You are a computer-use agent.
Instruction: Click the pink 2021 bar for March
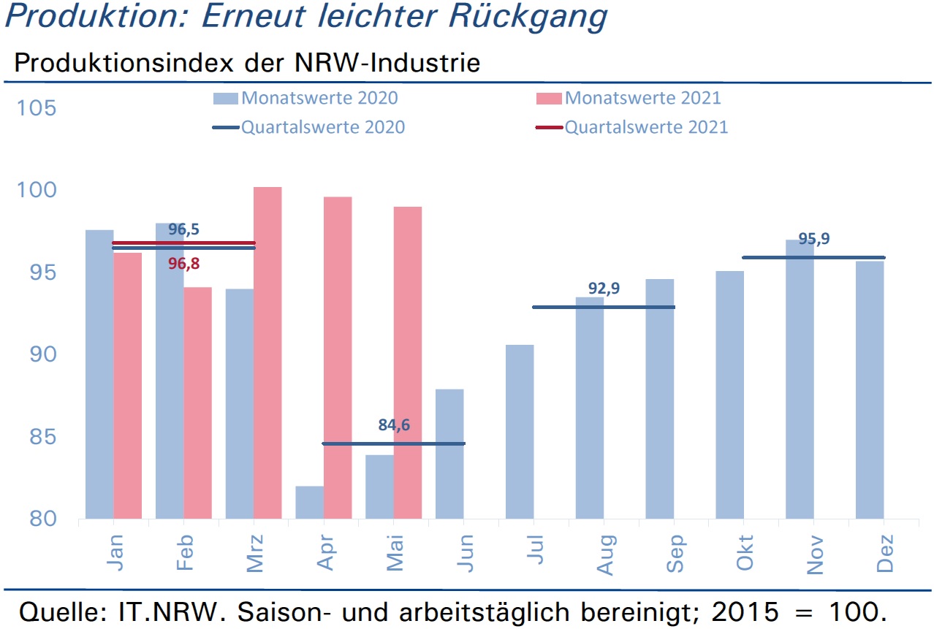267,353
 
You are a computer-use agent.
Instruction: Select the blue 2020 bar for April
310,503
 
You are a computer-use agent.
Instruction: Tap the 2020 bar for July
520,432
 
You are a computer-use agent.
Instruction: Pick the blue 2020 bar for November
800,379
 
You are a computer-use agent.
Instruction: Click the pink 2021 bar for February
197,403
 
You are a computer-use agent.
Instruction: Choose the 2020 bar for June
449,454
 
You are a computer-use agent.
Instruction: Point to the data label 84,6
394,425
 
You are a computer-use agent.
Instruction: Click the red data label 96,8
184,264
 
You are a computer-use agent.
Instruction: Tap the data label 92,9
604,288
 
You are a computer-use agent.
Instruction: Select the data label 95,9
814,239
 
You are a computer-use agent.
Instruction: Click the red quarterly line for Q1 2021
184,243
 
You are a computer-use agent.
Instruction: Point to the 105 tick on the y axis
37,108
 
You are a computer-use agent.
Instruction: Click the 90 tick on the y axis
42,354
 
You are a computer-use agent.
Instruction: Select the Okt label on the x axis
745,552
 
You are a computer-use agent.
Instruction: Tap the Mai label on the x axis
395,553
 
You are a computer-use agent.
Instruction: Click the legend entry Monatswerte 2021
629,99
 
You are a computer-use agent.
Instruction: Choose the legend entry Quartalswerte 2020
309,127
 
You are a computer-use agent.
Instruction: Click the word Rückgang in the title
528,18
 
